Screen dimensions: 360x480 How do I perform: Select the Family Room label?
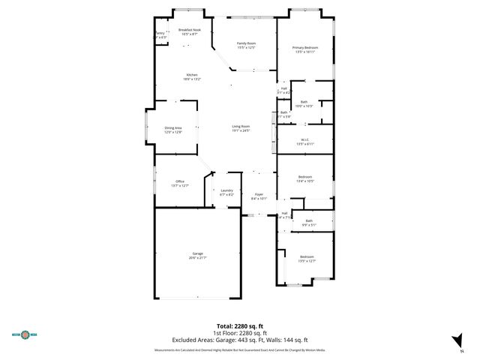[247, 45]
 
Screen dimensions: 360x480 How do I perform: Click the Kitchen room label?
[192, 76]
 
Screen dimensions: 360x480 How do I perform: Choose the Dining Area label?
[173, 129]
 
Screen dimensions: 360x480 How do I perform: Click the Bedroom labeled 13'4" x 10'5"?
[304, 178]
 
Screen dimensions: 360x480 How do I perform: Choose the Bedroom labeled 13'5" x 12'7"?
[307, 259]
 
